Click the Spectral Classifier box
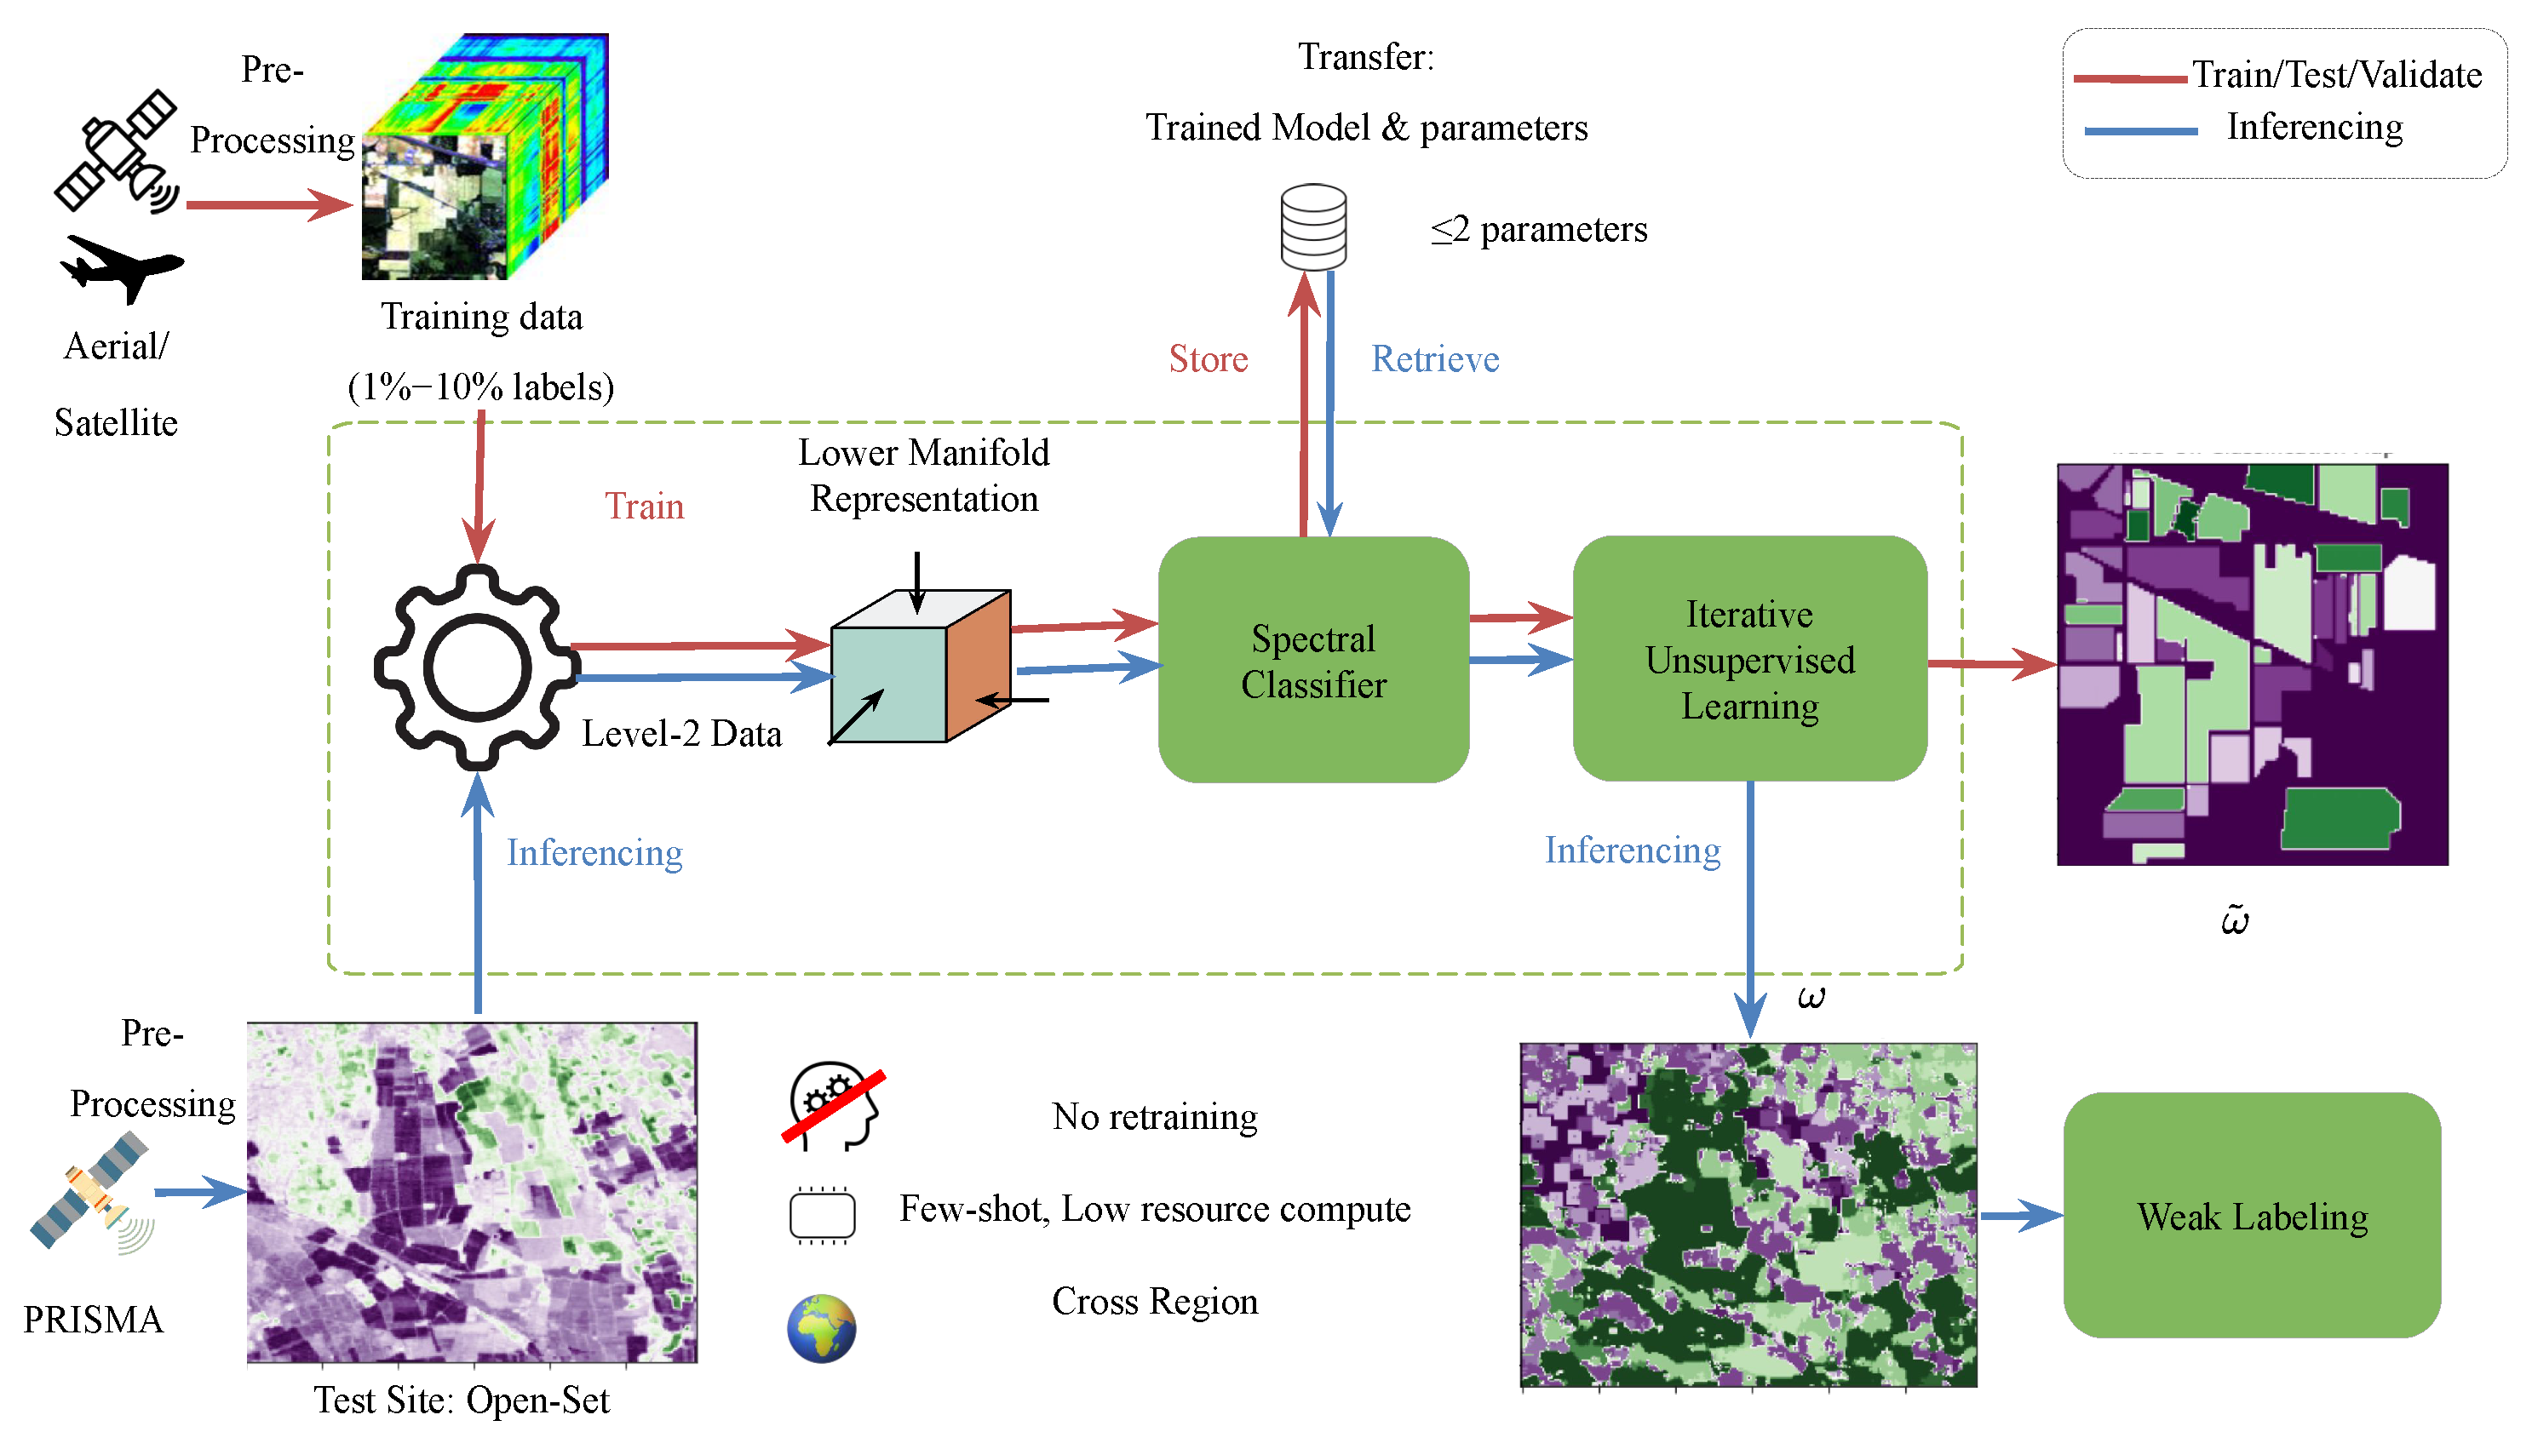(x=1313, y=660)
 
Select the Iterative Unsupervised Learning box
(x=1749, y=659)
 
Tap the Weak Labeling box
(x=2251, y=1216)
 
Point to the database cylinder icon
(x=1313, y=226)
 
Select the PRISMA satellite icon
(x=90, y=1192)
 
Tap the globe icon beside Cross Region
(x=821, y=1328)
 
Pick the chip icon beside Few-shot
(x=821, y=1216)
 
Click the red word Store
(x=1208, y=359)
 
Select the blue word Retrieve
(x=1435, y=359)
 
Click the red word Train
(x=645, y=506)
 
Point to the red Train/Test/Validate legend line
(x=2130, y=77)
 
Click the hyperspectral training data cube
(x=484, y=158)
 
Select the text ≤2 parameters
(x=1538, y=229)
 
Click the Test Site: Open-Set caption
(x=462, y=1400)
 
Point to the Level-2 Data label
(x=680, y=734)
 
